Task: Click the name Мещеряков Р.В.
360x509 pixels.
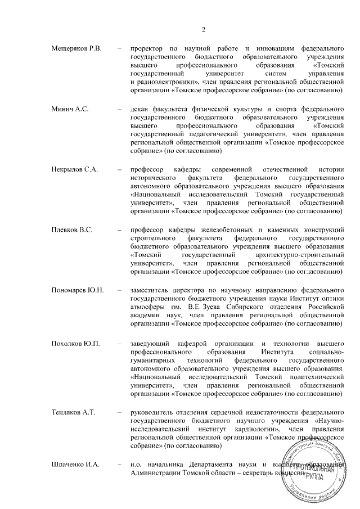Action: tap(76, 49)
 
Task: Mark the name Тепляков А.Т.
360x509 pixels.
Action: tap(74, 412)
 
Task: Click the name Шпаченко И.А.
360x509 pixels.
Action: tap(75, 464)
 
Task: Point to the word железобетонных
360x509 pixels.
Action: tap(218, 229)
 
